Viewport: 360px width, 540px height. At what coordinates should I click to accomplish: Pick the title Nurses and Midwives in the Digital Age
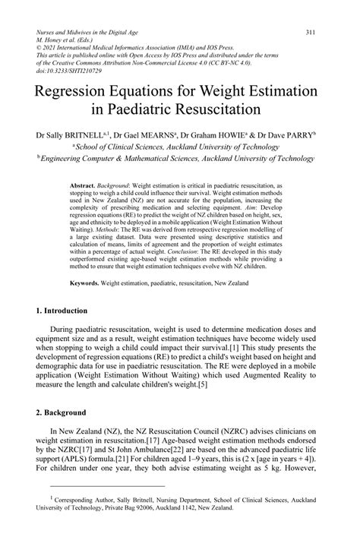click(89, 33)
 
